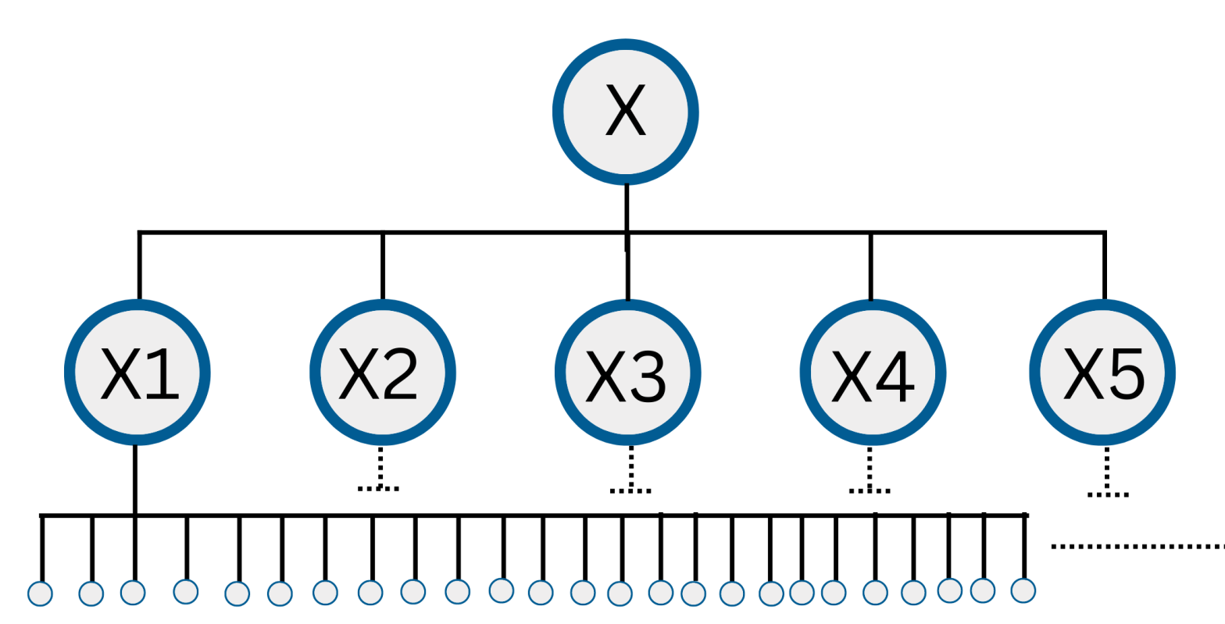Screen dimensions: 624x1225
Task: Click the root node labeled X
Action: point(626,112)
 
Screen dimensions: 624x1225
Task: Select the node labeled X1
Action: point(137,373)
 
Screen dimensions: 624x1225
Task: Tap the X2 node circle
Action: point(383,373)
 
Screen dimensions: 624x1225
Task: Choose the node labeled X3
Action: point(627,373)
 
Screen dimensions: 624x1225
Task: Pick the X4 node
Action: point(873,373)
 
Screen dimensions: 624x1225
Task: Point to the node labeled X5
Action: point(1102,373)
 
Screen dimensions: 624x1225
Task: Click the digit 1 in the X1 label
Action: point(162,374)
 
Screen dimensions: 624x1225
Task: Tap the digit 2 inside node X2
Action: point(398,374)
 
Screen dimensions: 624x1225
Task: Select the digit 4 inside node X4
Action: point(895,376)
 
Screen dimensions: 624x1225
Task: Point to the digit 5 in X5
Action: point(1126,374)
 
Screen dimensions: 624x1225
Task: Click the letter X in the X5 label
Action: point(1083,374)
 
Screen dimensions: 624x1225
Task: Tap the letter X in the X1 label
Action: point(120,374)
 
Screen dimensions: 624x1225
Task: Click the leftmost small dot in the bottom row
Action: point(40,594)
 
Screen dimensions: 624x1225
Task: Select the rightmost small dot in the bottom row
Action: point(1023,590)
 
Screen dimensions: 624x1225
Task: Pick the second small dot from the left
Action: point(91,594)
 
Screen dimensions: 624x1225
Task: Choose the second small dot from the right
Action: point(983,590)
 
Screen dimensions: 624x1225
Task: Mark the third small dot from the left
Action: point(133,592)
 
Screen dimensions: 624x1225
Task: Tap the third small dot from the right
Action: point(949,590)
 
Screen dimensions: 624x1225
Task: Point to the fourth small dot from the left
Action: point(185,591)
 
